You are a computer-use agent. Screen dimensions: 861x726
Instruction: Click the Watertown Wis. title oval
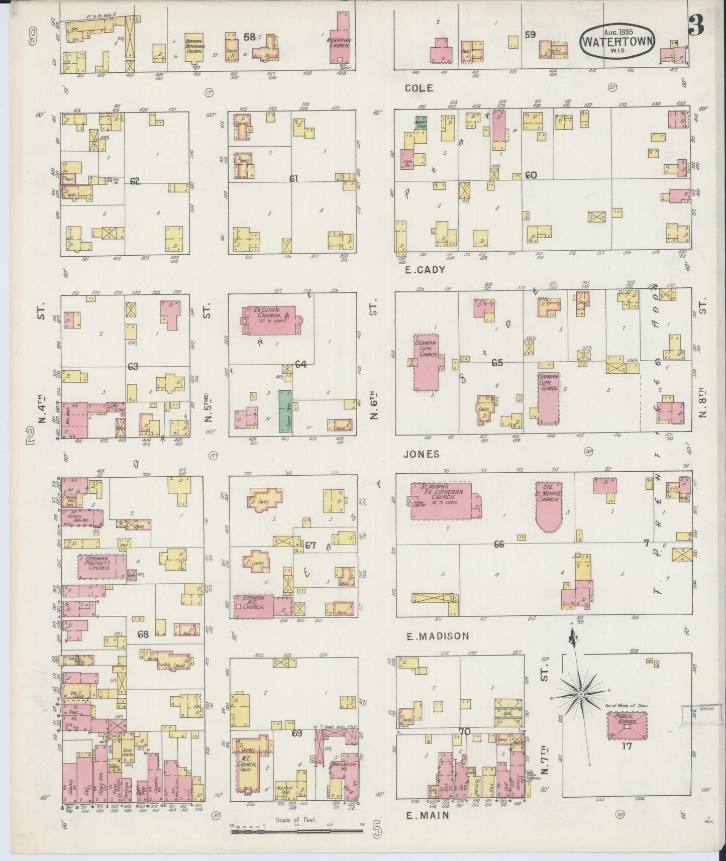(617, 39)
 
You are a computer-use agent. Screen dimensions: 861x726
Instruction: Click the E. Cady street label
(426, 270)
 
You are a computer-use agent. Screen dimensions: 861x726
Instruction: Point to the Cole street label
(419, 88)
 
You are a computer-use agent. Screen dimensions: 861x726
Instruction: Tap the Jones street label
(422, 454)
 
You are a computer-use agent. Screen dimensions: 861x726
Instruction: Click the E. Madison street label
(438, 636)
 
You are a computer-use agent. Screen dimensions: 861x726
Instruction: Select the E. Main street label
(428, 816)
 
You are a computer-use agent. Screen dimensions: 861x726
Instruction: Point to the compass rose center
(580, 694)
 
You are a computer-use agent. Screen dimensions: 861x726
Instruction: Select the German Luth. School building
(548, 398)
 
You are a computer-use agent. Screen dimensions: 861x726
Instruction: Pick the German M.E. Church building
(254, 606)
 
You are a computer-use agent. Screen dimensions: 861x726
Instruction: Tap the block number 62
(134, 181)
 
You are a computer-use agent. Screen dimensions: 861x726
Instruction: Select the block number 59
(530, 35)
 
